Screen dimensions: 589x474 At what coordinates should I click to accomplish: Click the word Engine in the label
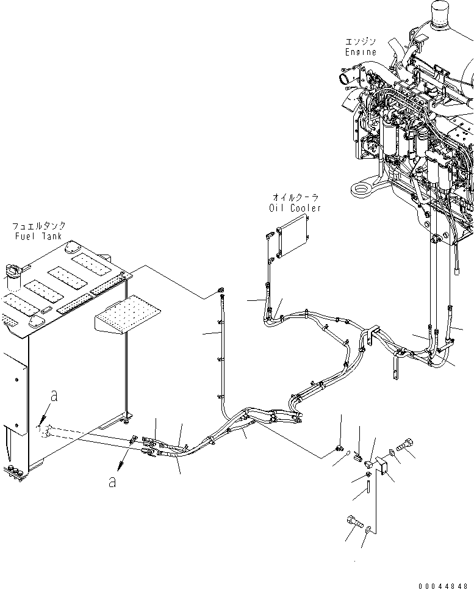[x=361, y=52]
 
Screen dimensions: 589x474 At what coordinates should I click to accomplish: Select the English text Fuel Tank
[x=40, y=236]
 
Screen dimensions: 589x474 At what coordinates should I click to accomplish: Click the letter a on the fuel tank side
[x=54, y=396]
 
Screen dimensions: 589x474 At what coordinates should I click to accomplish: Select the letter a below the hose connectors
[x=111, y=482]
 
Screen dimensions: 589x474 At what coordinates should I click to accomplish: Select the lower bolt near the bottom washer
[x=353, y=522]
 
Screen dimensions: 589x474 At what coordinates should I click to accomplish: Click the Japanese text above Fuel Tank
[x=40, y=225]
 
